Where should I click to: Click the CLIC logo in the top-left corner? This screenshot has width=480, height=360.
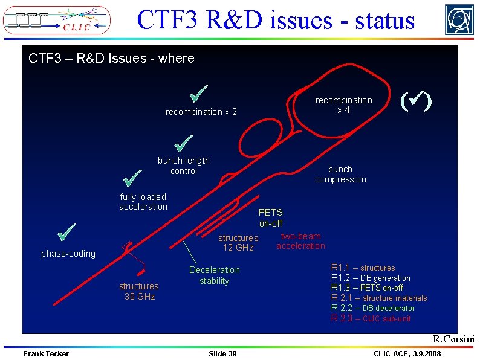tap(57, 19)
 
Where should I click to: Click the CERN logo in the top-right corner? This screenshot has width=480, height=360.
tap(459, 19)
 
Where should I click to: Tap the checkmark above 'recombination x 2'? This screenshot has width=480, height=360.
tap(198, 94)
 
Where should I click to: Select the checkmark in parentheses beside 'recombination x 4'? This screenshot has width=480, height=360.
tap(416, 100)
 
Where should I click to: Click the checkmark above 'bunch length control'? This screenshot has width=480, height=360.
tap(183, 143)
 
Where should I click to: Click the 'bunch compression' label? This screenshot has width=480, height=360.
tap(340, 174)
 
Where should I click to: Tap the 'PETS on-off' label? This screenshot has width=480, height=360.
tap(270, 217)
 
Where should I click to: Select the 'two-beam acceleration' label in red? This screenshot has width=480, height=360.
tap(300, 240)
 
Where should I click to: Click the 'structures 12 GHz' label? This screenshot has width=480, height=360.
tap(238, 243)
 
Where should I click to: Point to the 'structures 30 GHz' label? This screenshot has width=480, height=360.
tap(139, 291)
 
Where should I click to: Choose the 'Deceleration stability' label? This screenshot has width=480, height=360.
tap(214, 275)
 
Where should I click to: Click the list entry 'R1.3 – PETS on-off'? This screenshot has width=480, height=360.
tap(367, 288)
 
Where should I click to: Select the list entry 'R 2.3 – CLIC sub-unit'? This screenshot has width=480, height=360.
tap(371, 318)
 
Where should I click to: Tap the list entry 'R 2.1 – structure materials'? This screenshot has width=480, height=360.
tap(378, 298)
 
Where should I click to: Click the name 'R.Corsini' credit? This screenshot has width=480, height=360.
tap(453, 339)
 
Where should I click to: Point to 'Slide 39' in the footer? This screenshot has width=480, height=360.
tap(222, 353)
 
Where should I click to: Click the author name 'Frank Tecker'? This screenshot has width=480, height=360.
tap(46, 353)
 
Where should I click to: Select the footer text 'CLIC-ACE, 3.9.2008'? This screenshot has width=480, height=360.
tap(407, 353)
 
